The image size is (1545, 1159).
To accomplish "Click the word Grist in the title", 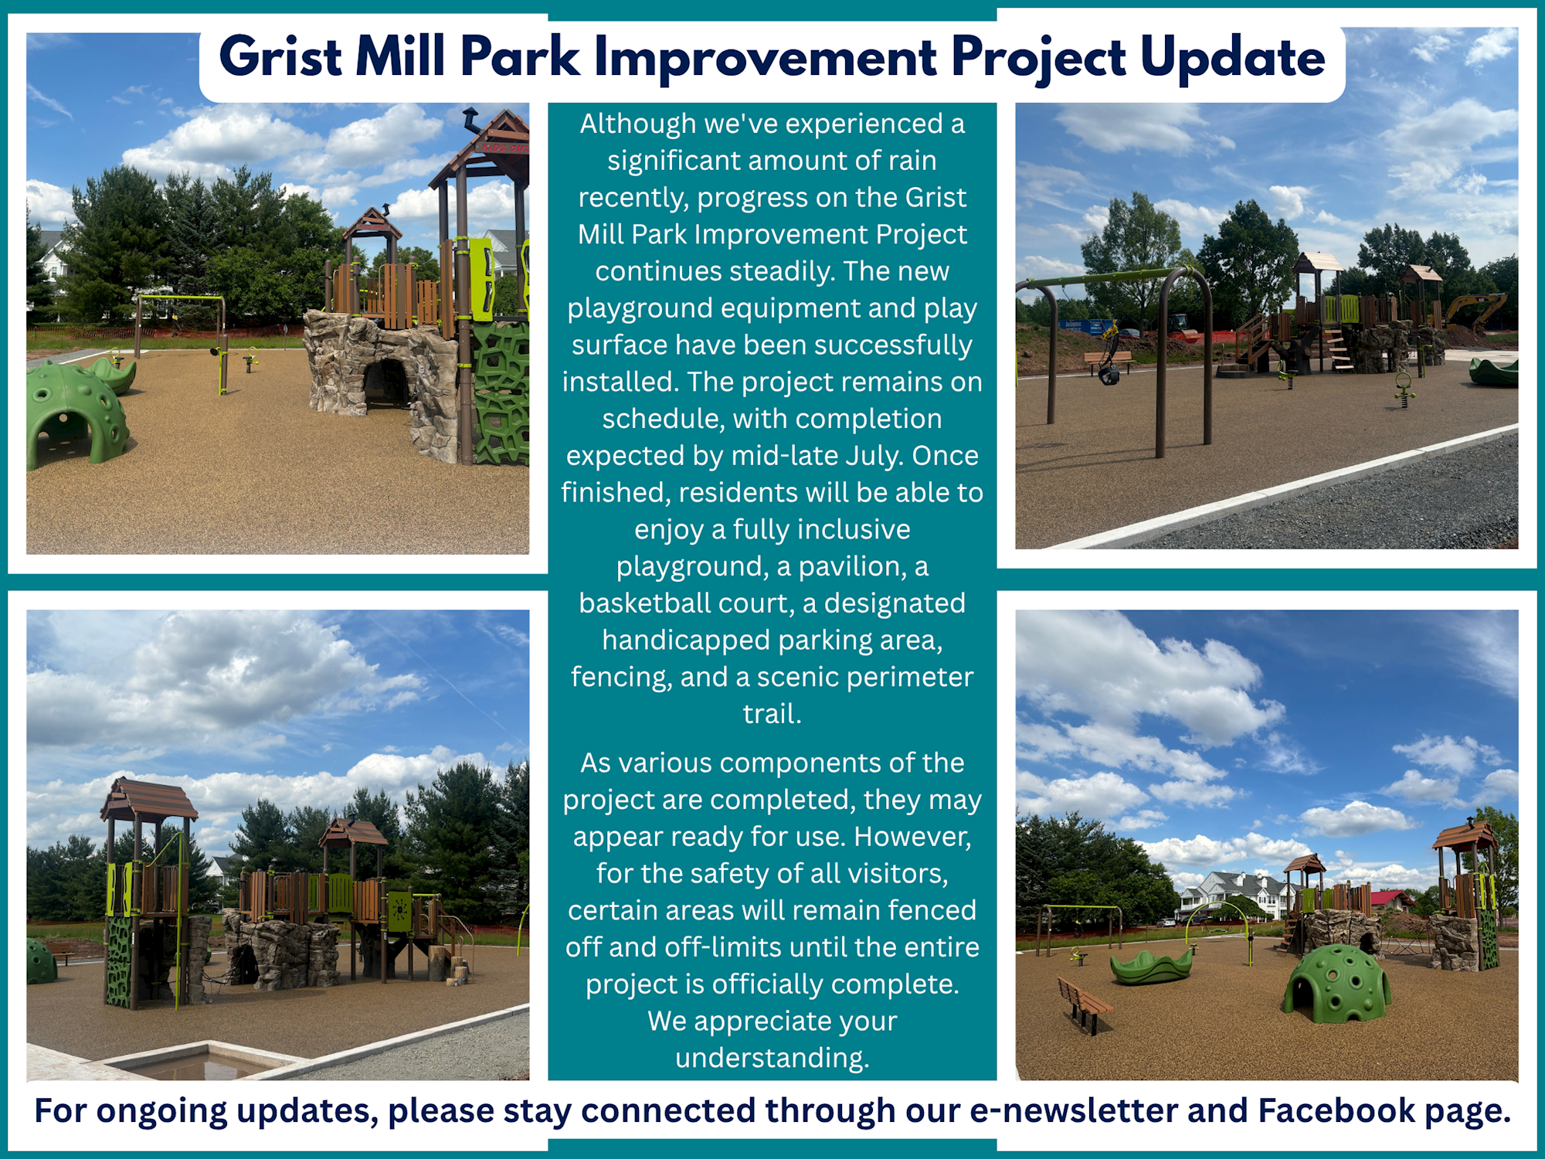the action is pyautogui.click(x=280, y=58).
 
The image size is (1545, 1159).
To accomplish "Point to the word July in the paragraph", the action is pyautogui.click(x=874, y=456).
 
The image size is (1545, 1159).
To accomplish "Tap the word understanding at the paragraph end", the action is pyautogui.click(x=772, y=1058).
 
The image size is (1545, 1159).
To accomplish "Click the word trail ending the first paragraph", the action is pyautogui.click(x=772, y=713).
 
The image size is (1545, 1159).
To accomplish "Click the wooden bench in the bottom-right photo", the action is pyautogui.click(x=1085, y=1004).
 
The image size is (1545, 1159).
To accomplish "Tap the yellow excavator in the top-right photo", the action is pyautogui.click(x=1475, y=311).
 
